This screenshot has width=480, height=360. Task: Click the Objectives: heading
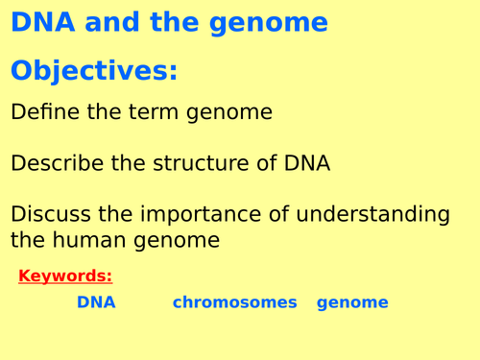coord(95,72)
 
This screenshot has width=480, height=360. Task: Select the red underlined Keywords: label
coord(65,277)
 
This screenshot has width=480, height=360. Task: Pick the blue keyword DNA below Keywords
coord(96,302)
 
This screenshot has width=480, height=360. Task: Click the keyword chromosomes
coord(235,302)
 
